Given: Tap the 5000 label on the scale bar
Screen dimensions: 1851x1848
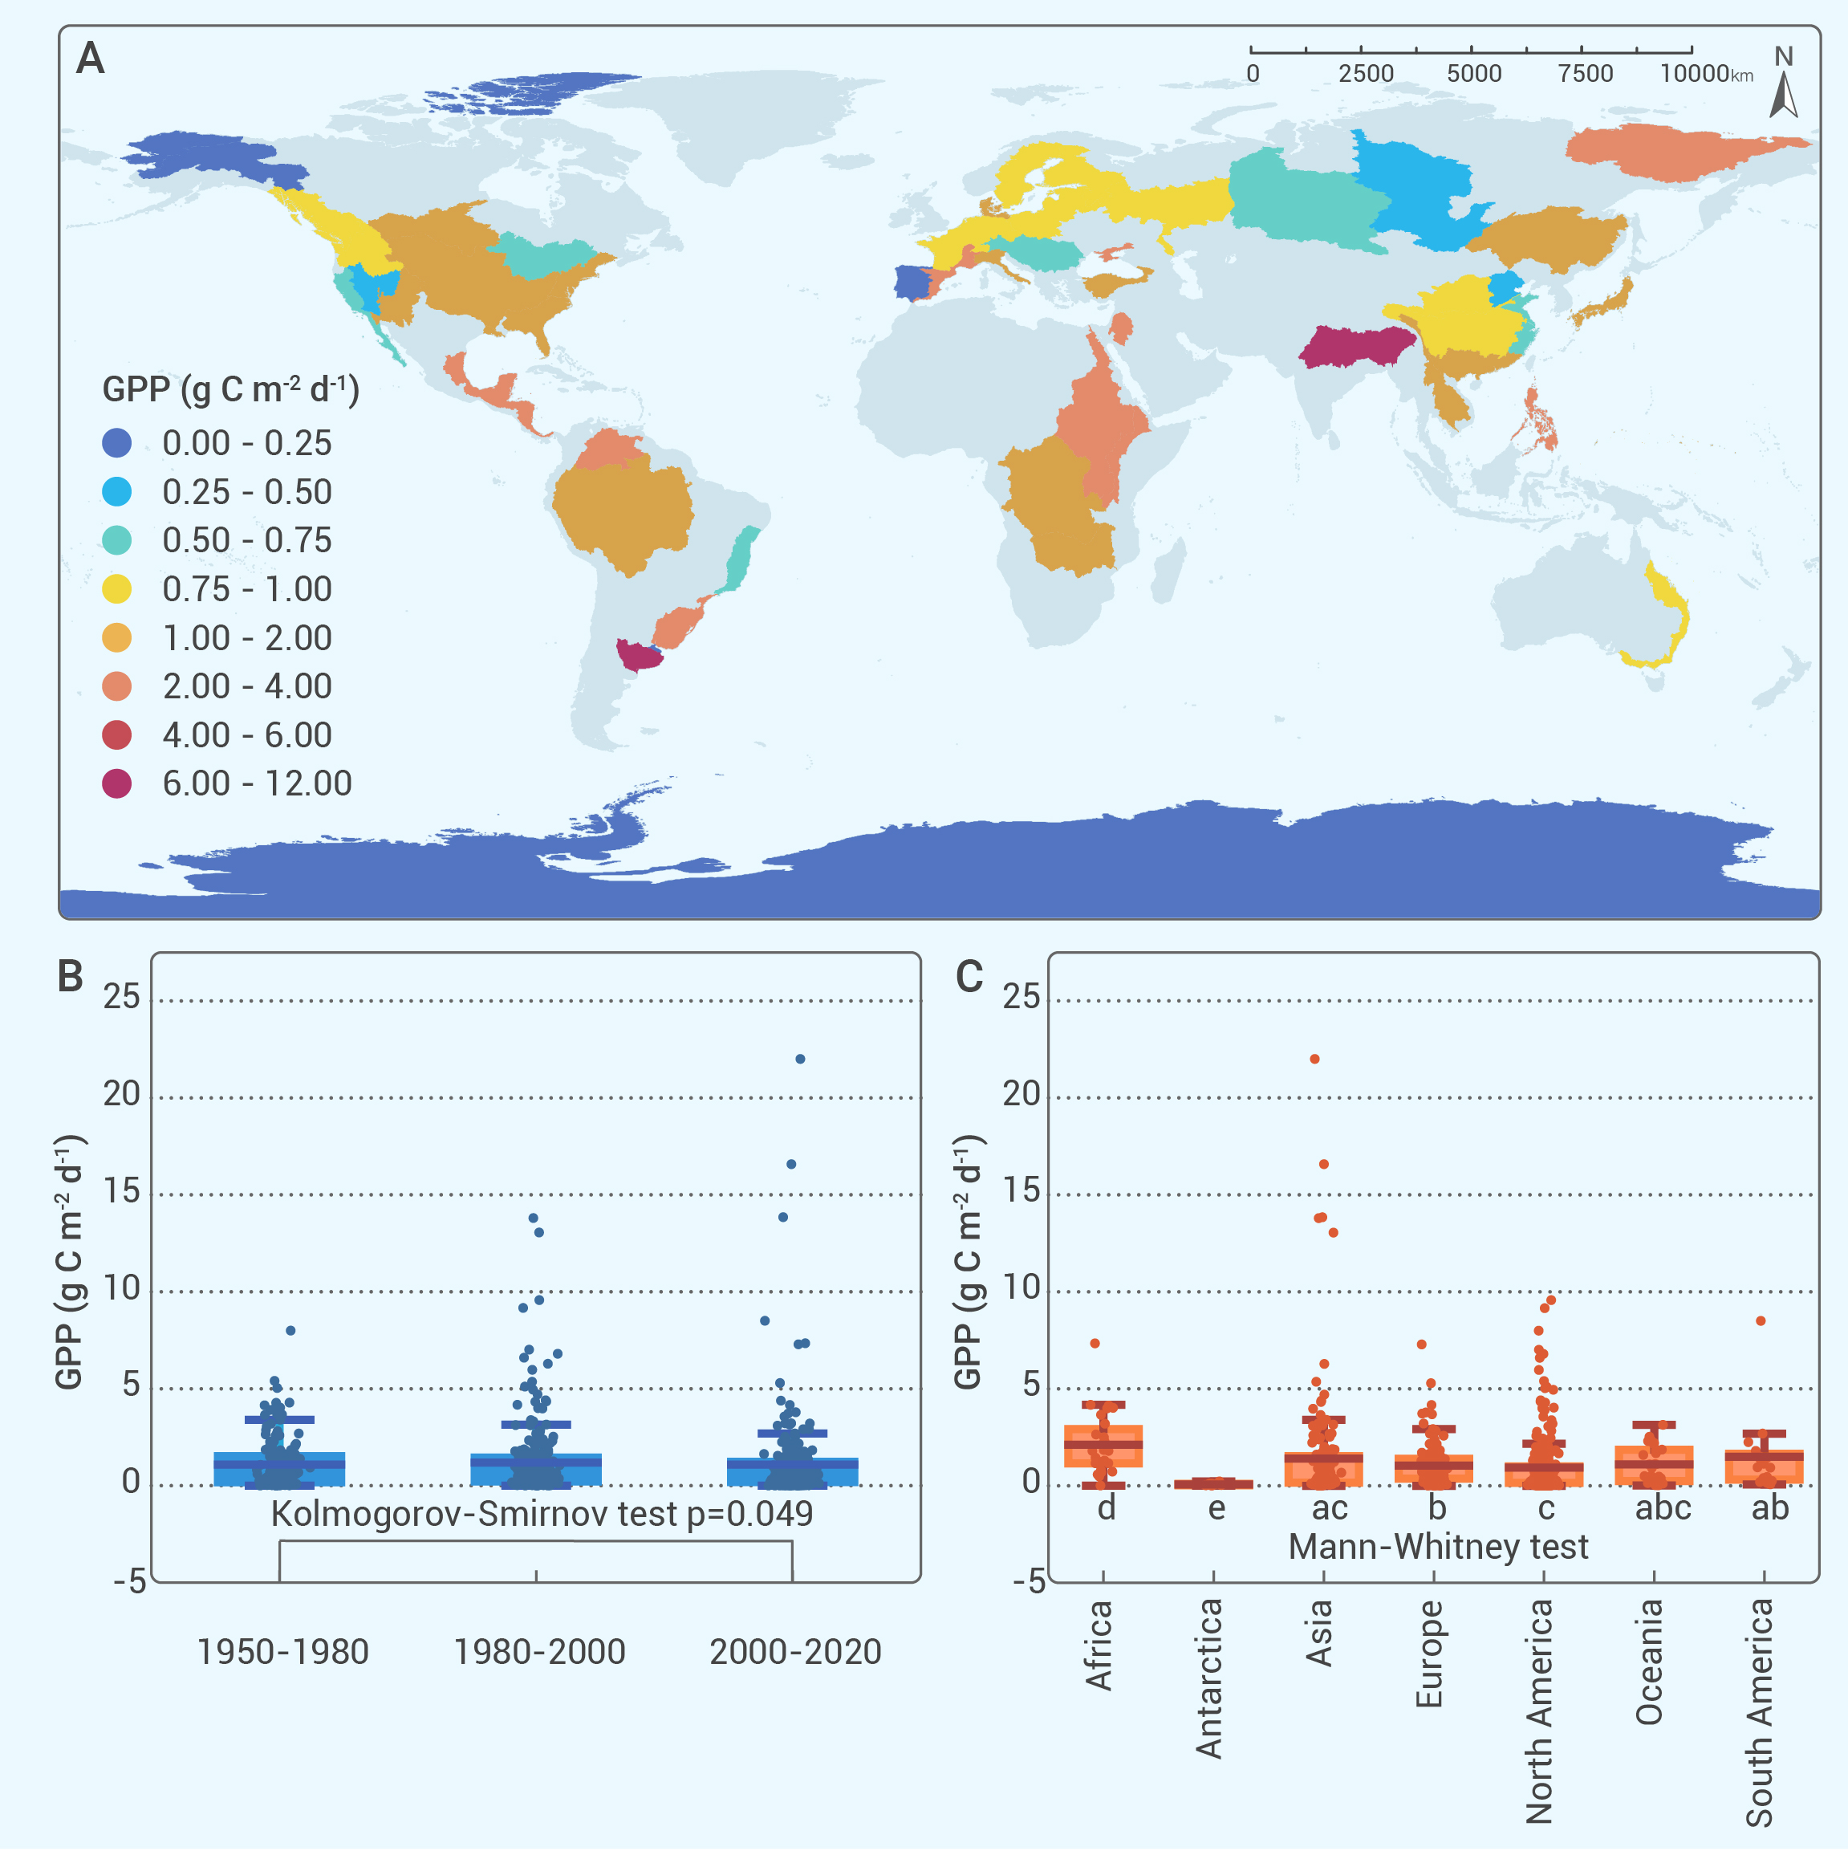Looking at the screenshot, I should tap(1473, 74).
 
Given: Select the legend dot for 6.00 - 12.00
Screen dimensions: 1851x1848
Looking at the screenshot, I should tap(117, 783).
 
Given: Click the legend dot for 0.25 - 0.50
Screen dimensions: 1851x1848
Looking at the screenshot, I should tap(117, 491).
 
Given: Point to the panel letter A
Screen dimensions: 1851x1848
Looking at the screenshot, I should tap(90, 59).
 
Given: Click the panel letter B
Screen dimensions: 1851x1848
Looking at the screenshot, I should tap(70, 975).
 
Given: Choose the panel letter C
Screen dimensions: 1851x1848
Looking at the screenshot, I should tap(969, 975).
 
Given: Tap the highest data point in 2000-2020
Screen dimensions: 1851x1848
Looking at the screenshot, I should tap(800, 1059).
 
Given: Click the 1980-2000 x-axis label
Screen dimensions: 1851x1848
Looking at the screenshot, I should tap(539, 1652).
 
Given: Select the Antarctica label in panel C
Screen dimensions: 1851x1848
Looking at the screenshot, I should tap(1210, 1678).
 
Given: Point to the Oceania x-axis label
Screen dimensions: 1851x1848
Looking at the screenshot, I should tap(1650, 1662).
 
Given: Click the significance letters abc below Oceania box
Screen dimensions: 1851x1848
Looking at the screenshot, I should tap(1662, 1509).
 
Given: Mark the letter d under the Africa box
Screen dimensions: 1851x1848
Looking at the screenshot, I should tap(1107, 1509).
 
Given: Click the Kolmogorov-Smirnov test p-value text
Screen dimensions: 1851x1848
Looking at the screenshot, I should tap(542, 1514).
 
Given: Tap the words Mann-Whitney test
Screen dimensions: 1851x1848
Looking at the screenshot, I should tap(1438, 1546).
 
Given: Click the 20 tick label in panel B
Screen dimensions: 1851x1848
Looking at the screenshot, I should tap(122, 1094).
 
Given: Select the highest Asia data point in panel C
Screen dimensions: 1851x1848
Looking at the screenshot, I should tap(1314, 1059).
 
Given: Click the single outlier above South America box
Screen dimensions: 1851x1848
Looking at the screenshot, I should tap(1761, 1321).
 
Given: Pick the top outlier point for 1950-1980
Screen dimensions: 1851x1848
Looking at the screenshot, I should tap(290, 1331).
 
